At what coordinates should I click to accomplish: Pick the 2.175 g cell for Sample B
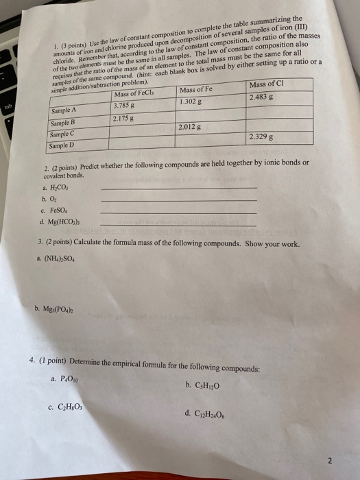(x=124, y=119)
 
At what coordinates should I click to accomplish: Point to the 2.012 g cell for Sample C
(x=191, y=127)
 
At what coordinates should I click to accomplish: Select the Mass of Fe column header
(x=196, y=90)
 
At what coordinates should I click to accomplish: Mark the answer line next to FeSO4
(x=178, y=213)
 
